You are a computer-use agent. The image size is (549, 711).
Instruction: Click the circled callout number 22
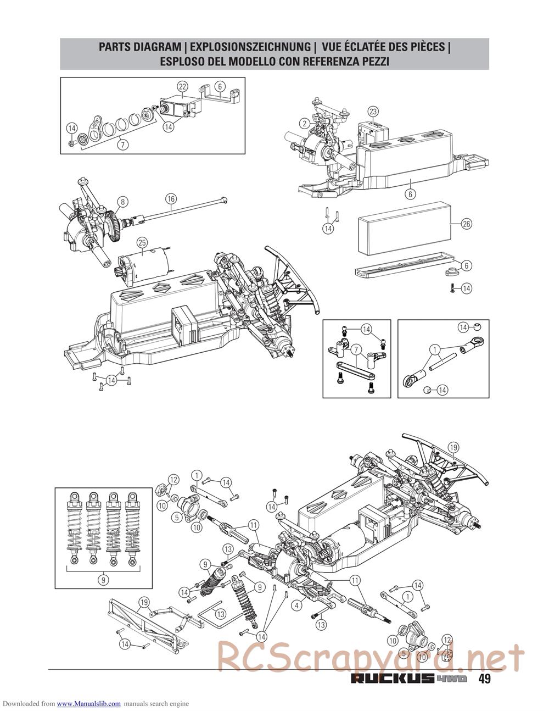(183, 87)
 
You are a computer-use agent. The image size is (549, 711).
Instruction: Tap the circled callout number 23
(373, 112)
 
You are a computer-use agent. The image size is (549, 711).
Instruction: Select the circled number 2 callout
(305, 123)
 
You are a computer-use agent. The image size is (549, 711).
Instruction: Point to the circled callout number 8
(123, 202)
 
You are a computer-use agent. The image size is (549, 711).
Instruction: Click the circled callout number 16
(171, 199)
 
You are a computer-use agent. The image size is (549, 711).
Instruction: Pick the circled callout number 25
(142, 243)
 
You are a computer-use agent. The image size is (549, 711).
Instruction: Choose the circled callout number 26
(467, 224)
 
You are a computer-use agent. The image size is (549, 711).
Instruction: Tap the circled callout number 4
(296, 606)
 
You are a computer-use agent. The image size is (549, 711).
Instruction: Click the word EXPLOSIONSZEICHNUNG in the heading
(250, 47)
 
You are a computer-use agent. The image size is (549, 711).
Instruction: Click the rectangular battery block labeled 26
(405, 228)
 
